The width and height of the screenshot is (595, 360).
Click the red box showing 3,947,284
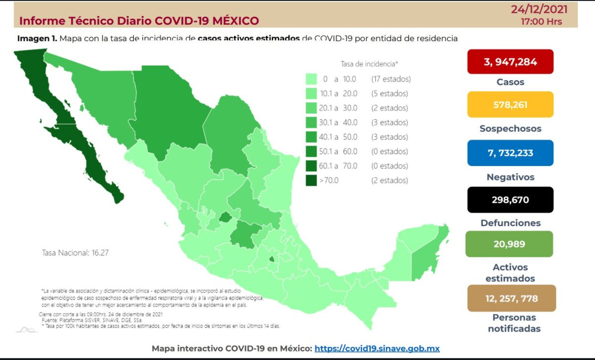coord(510,61)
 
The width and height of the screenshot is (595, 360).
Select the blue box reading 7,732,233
coord(510,153)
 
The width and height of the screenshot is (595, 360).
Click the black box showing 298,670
coord(510,200)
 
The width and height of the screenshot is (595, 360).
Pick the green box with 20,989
coord(509,244)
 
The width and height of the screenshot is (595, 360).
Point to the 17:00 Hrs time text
coord(542,22)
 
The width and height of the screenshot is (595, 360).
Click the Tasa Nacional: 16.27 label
coord(75,252)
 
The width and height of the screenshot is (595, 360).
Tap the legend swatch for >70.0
coord(311,180)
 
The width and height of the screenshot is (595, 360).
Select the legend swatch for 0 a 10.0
coord(311,79)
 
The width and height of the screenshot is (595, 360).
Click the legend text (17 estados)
coord(391,79)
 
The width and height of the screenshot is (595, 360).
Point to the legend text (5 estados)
coord(389,93)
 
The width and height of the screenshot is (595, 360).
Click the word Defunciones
coord(510,223)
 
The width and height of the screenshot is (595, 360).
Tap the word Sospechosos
coord(510,128)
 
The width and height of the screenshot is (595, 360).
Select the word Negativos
coord(510,177)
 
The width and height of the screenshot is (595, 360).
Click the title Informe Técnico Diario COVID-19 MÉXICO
coord(139,21)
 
